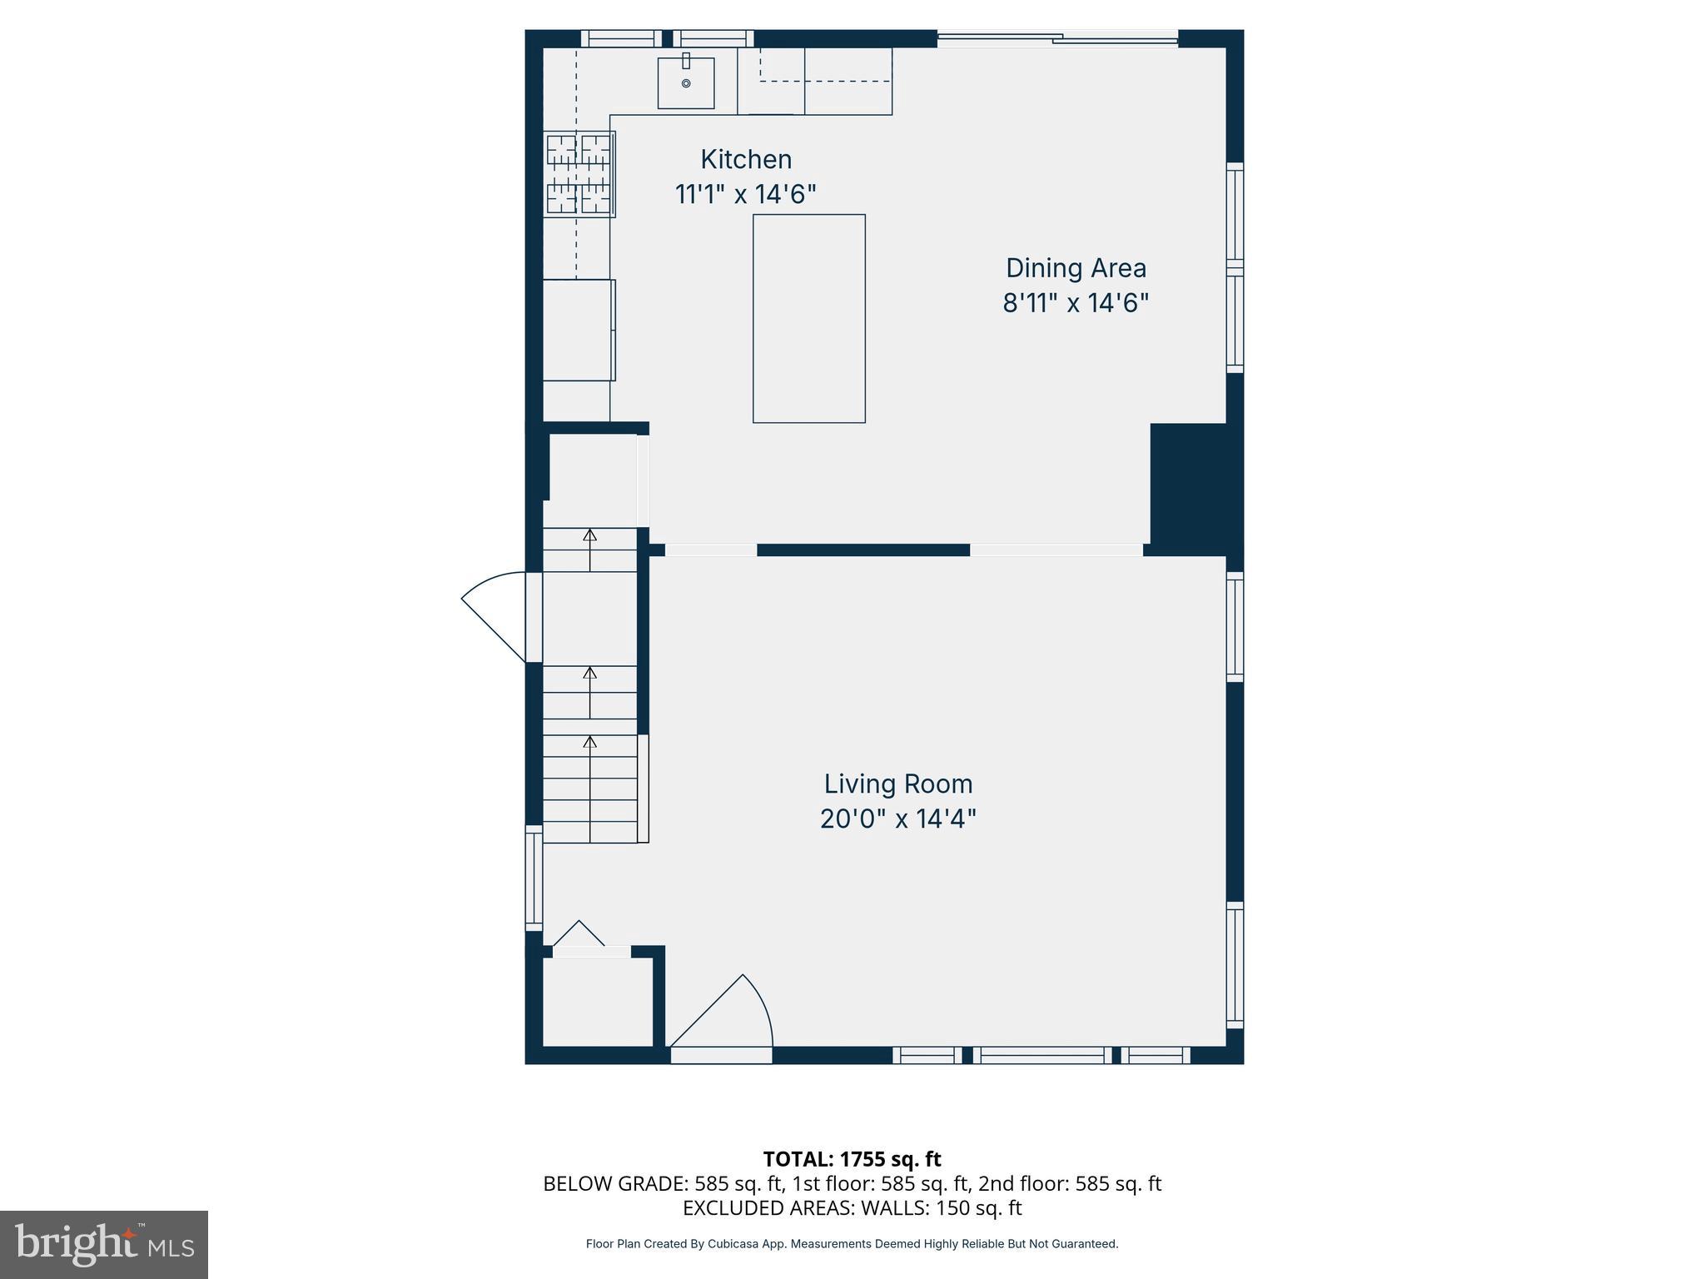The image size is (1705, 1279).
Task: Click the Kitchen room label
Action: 745,159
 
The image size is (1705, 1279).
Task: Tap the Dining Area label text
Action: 1076,268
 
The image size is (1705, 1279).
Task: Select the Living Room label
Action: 897,784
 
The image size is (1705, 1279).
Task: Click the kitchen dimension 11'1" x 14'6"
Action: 745,194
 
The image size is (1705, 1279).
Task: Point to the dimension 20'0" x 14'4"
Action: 897,819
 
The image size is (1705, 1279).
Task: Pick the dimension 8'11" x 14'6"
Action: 1076,303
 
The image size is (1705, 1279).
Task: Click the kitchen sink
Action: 686,83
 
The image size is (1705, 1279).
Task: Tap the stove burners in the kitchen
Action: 579,174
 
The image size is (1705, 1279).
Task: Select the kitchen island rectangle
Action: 808,318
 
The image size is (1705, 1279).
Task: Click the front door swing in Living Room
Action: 733,1016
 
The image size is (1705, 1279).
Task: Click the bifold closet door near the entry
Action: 579,934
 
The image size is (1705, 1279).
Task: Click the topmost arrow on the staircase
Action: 590,537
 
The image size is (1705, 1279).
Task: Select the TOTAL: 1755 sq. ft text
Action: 852,1159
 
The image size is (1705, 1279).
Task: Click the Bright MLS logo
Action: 104,1244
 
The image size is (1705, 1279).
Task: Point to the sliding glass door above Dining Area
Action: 1057,37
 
